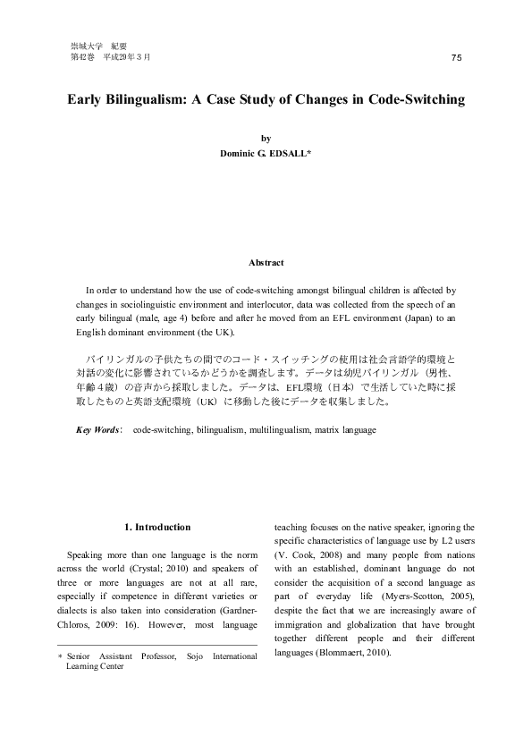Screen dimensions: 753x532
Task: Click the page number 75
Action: tap(457, 57)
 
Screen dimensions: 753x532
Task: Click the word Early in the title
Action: tap(88, 99)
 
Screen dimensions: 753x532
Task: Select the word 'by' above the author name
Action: tap(266, 139)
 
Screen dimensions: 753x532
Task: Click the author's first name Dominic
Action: tap(241, 153)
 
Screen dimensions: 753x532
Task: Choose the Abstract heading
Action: tap(266, 262)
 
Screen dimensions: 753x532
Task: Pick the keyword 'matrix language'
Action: tap(345, 430)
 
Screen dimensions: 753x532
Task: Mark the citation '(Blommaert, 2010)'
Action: tap(355, 652)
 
